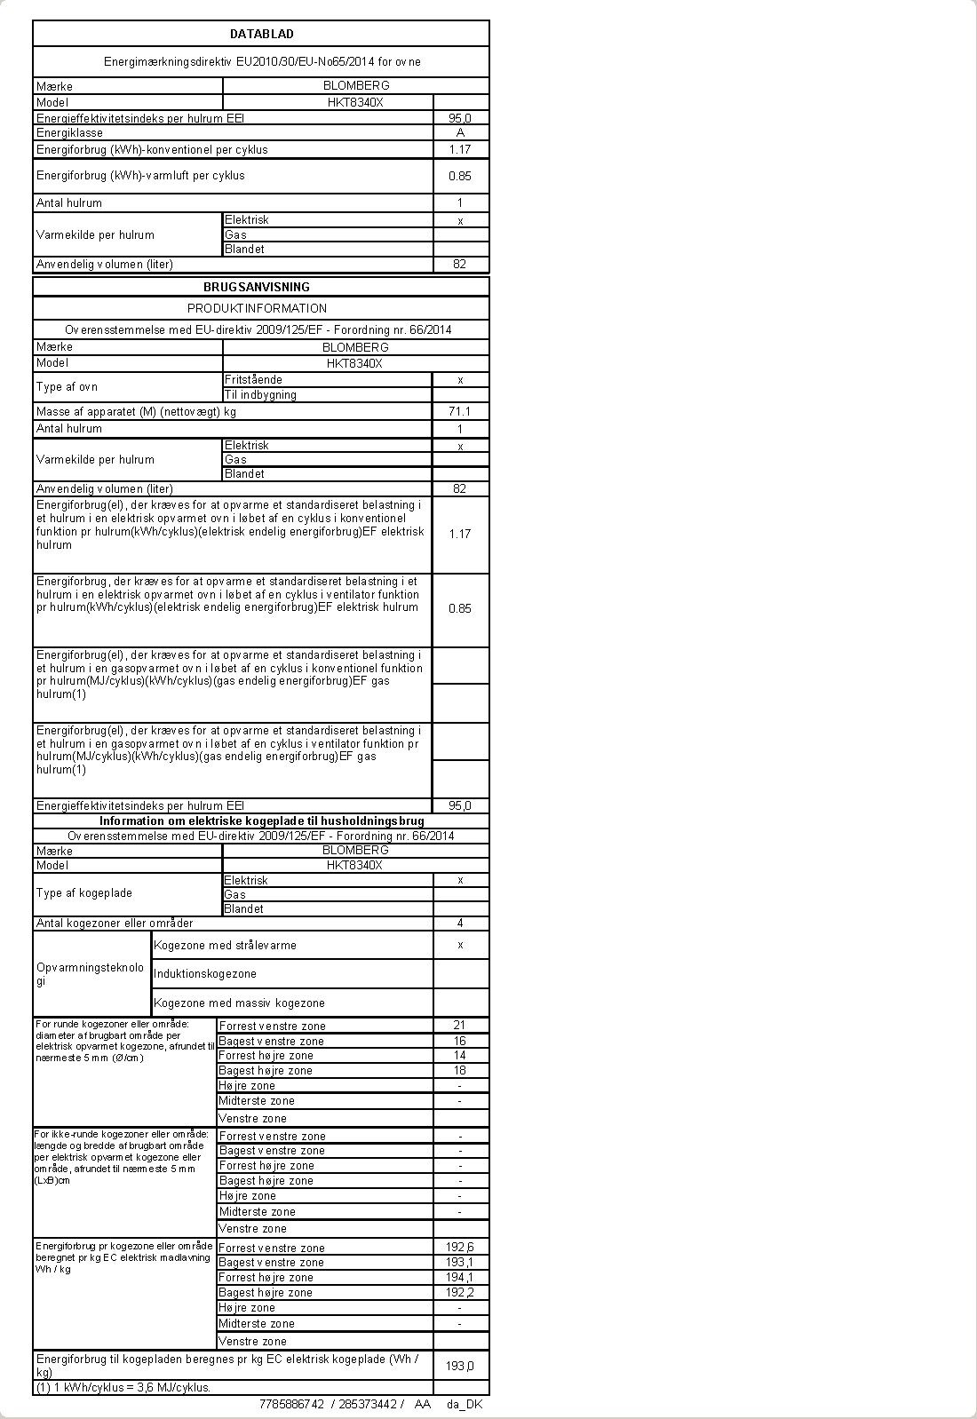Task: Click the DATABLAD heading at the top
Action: click(261, 34)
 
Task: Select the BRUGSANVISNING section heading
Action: click(257, 287)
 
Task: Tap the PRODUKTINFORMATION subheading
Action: click(257, 308)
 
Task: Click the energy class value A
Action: click(460, 132)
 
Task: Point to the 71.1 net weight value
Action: click(460, 411)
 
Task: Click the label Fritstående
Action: click(253, 380)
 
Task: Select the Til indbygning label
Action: click(260, 395)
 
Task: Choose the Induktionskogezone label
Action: click(205, 974)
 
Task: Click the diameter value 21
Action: click(459, 1026)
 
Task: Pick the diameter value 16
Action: click(459, 1041)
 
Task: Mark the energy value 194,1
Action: click(460, 1278)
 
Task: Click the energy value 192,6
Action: click(460, 1248)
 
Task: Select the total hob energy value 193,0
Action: click(460, 1366)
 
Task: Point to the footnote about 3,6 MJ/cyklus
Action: click(123, 1387)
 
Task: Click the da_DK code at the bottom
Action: click(465, 1404)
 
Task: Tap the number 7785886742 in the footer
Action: click(291, 1404)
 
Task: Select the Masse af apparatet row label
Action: click(136, 412)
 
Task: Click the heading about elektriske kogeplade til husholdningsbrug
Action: click(261, 821)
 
